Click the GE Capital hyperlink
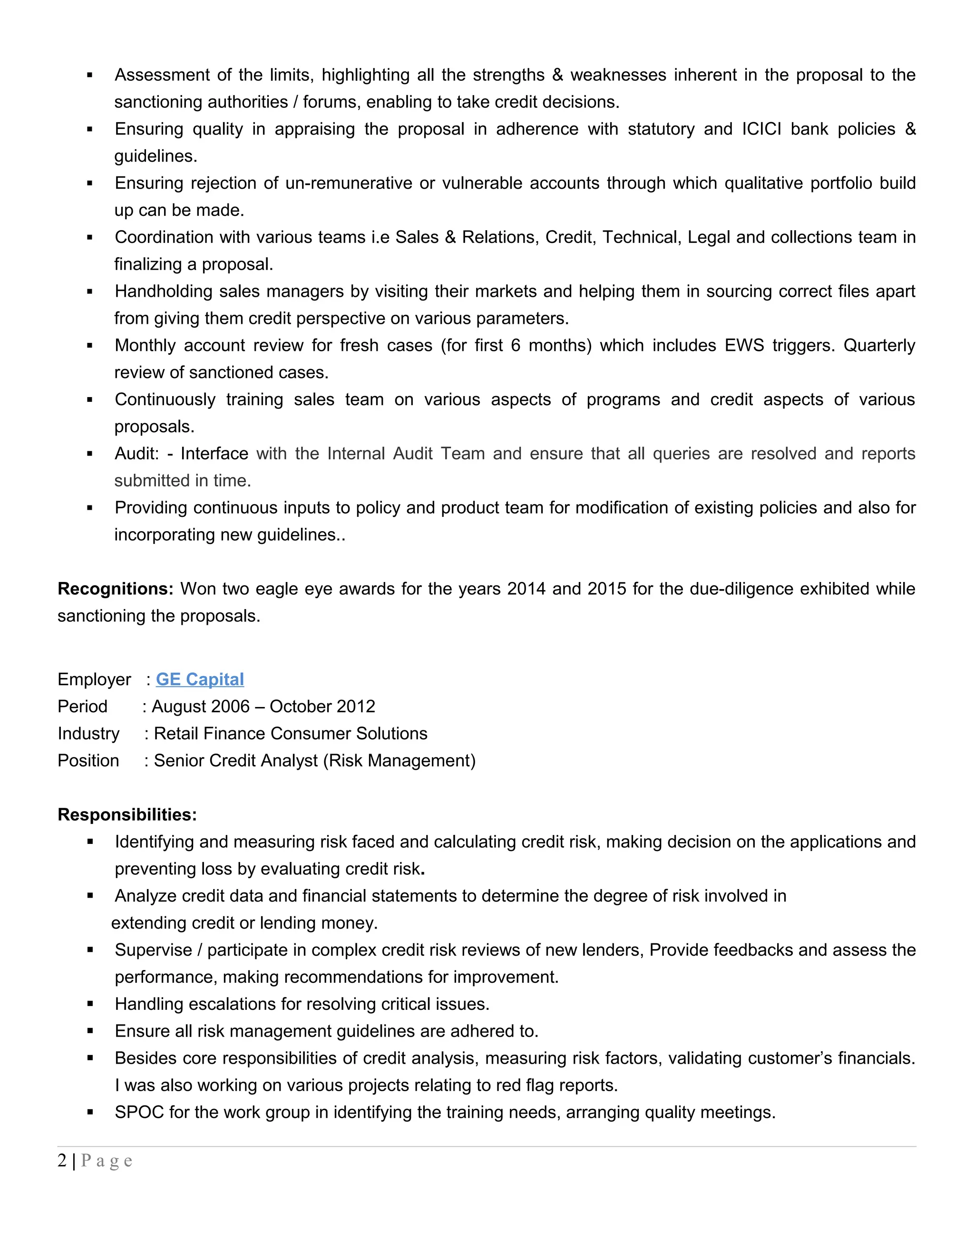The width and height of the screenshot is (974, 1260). pyautogui.click(x=200, y=679)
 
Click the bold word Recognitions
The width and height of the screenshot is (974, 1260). pyautogui.click(x=115, y=589)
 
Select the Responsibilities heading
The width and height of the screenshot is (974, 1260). pyautogui.click(x=127, y=814)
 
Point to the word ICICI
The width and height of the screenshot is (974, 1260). pyautogui.click(x=761, y=129)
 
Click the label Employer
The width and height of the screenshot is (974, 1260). pyautogui.click(x=94, y=679)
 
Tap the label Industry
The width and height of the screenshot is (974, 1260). pyautogui.click(x=88, y=733)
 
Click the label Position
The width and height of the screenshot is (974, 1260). pyautogui.click(x=88, y=760)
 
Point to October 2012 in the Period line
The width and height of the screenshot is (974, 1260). pyautogui.click(x=322, y=706)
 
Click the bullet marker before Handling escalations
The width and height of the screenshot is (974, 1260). pyautogui.click(x=90, y=1004)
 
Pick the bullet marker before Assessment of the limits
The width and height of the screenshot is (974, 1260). pyautogui.click(x=90, y=76)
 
